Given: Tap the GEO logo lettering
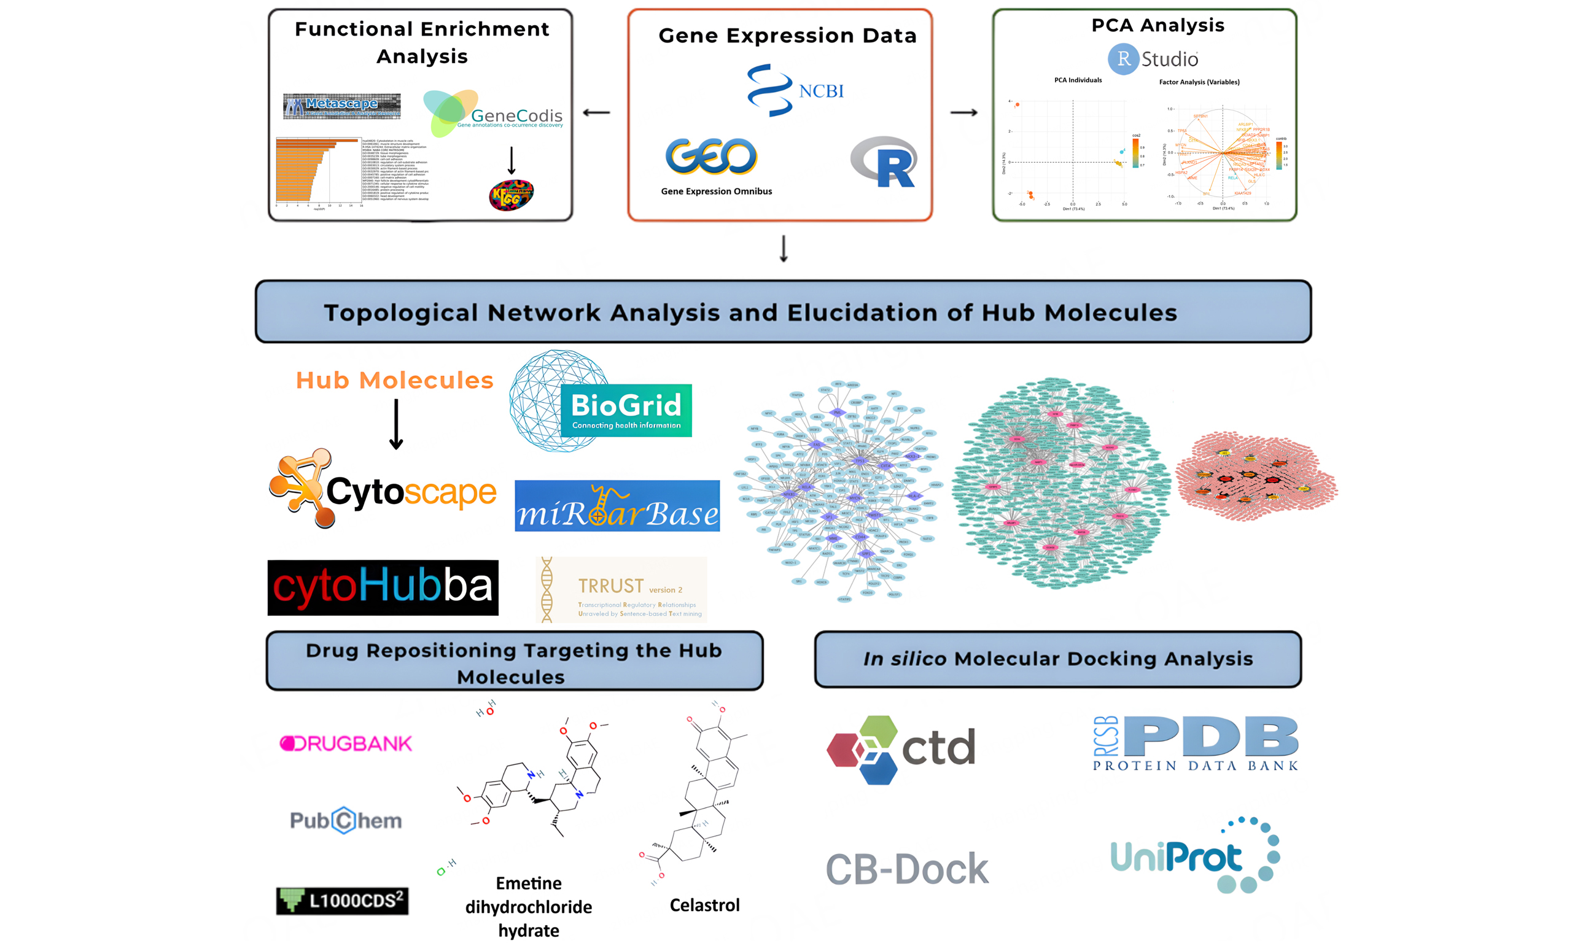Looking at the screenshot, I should pos(710,156).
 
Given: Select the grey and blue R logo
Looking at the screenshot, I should pos(884,162).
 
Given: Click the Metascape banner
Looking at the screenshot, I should pos(342,106).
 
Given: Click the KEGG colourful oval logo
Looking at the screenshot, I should pos(511,195).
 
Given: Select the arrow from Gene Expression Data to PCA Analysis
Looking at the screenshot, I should pos(963,112).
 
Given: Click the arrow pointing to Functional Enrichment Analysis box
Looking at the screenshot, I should pos(596,112).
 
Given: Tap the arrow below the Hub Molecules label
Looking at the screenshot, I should pos(396,424).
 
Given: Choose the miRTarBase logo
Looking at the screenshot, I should pos(617,506).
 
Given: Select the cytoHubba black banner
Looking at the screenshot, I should pos(383,587).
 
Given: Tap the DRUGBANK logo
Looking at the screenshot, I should pos(346,743).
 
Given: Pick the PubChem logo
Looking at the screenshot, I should pos(346,820).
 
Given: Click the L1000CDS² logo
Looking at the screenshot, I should pos(342,901).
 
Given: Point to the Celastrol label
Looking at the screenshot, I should pos(705,905).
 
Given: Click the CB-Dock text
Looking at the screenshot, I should pos(907,869).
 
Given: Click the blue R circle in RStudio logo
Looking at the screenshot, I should pos(1123,59).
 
